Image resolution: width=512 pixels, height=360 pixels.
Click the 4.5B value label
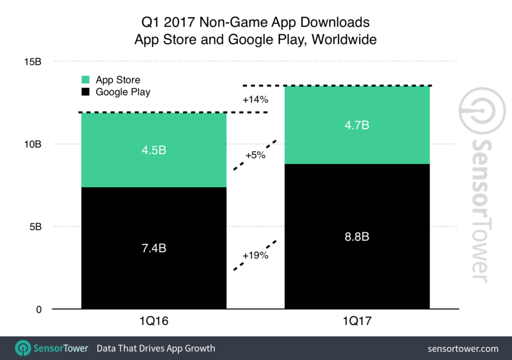(154, 150)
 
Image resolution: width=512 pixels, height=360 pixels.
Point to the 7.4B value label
(154, 247)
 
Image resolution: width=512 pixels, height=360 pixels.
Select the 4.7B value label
(357, 125)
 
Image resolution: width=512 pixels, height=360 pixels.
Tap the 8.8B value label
(357, 236)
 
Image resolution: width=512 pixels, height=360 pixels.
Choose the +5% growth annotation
(255, 155)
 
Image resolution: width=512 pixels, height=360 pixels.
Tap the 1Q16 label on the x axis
(154, 321)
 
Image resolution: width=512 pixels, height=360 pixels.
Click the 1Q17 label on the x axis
(357, 321)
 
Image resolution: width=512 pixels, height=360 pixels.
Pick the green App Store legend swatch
(85, 80)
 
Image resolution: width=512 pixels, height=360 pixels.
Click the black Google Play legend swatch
(85, 92)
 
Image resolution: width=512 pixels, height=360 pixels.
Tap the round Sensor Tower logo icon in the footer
(23, 348)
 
